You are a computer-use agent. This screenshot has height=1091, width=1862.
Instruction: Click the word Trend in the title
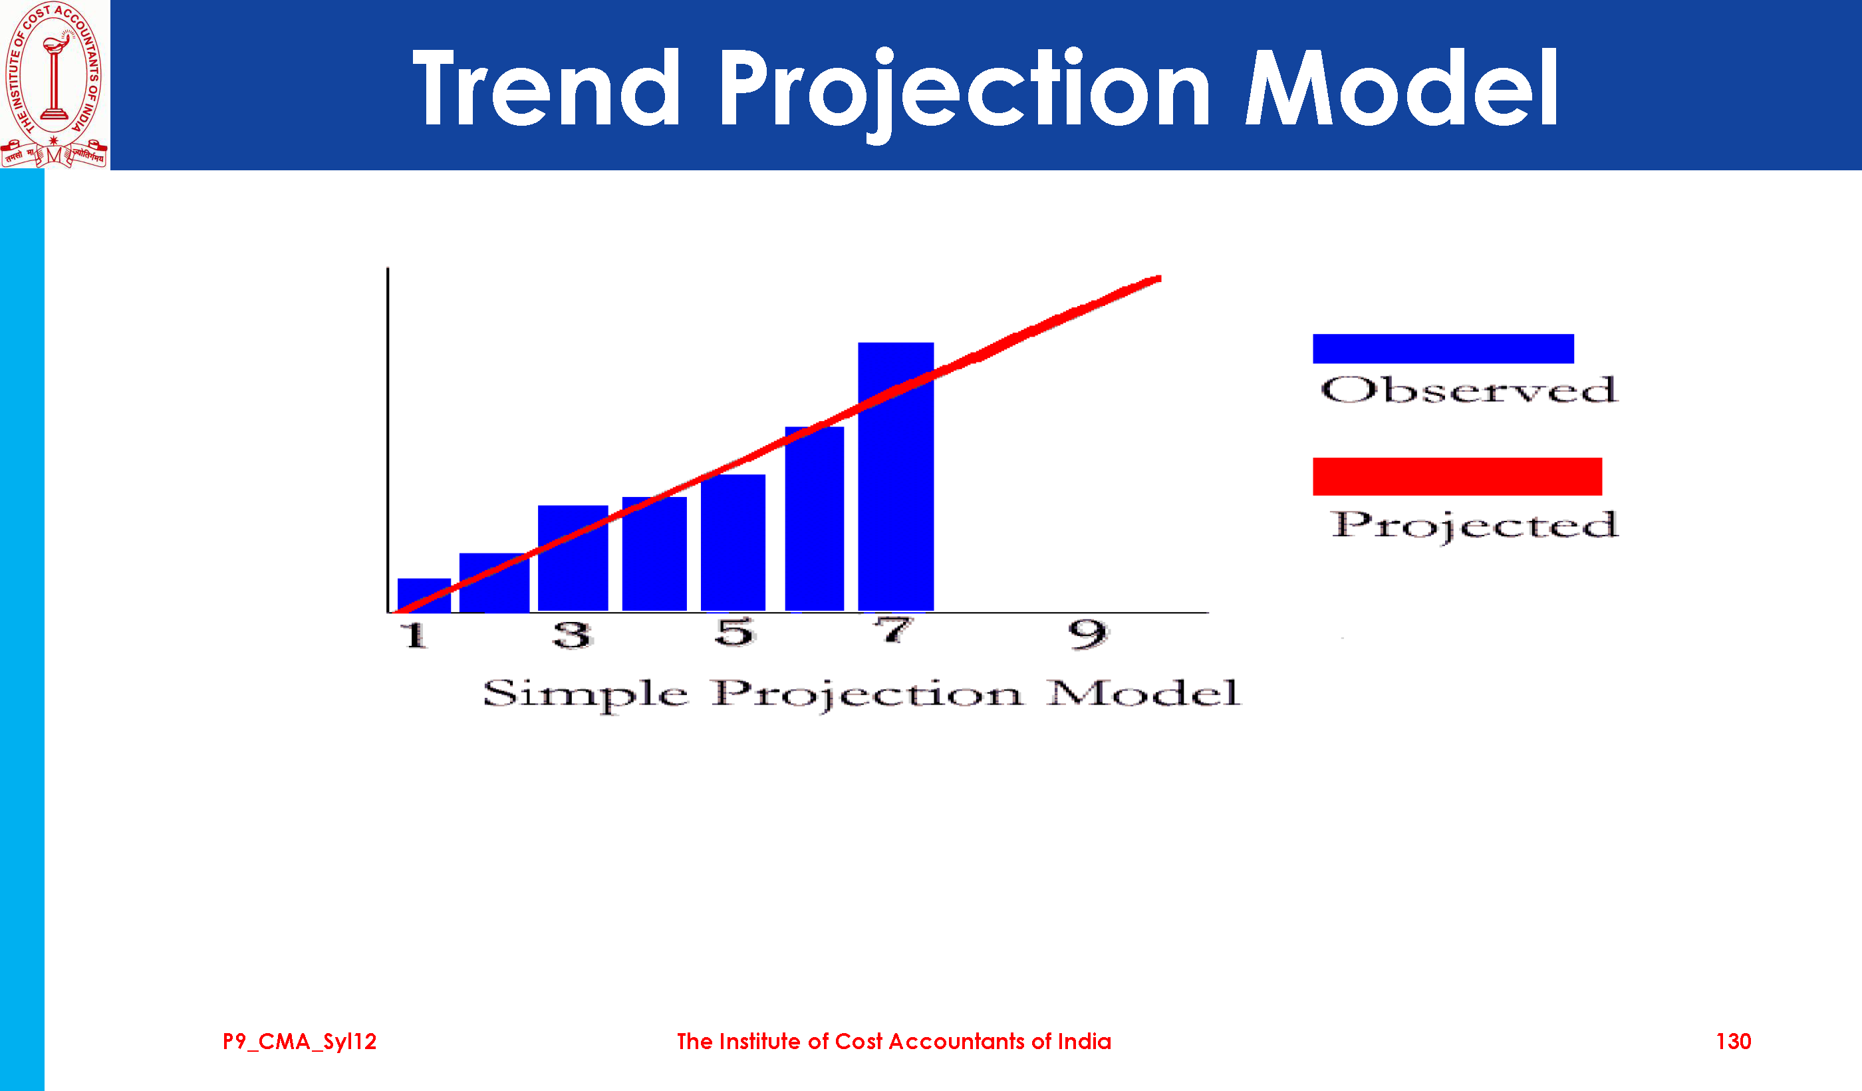tap(546, 87)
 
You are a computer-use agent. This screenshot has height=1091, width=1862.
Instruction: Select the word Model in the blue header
tap(1402, 87)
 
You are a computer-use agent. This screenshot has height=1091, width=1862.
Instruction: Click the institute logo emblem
tap(55, 84)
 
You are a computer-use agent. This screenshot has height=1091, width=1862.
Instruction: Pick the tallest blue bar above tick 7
tap(896, 477)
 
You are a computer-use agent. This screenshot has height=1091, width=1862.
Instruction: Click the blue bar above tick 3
tap(573, 558)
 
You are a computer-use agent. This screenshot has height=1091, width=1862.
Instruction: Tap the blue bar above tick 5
tap(733, 543)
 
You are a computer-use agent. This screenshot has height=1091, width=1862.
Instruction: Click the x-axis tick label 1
tap(414, 635)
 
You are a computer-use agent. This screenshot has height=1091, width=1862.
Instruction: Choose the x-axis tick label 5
tap(734, 632)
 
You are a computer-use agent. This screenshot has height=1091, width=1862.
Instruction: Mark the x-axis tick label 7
tap(894, 631)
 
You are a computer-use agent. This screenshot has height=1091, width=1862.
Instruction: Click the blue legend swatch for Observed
tap(1443, 349)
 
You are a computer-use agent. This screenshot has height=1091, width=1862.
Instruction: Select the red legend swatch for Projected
tap(1457, 476)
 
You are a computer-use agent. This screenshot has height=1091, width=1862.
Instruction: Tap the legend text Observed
tap(1469, 390)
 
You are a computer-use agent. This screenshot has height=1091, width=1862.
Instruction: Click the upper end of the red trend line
tap(1159, 279)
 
